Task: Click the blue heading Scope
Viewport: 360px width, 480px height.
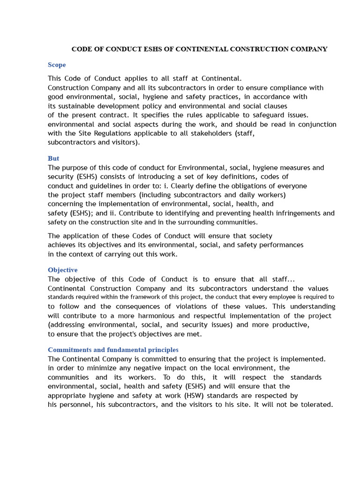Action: (x=57, y=65)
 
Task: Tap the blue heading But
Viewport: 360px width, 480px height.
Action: (x=53, y=158)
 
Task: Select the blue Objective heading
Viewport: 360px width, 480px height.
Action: (x=63, y=270)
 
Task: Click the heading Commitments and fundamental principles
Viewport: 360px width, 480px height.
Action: (x=113, y=350)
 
